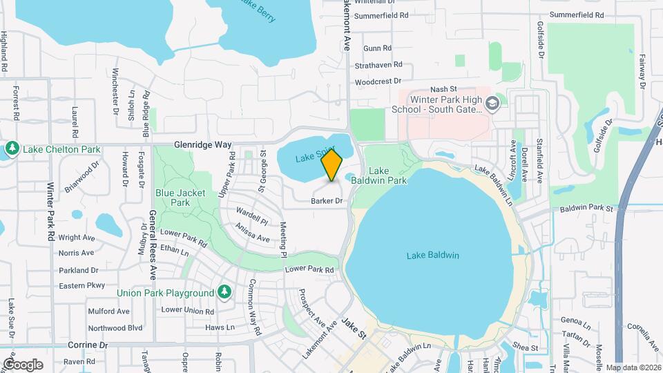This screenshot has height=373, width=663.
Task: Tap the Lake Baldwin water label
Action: [433, 256]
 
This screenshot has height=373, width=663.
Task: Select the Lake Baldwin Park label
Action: [387, 175]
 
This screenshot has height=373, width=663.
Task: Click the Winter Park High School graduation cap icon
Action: [492, 104]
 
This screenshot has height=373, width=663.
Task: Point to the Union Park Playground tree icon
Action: [224, 293]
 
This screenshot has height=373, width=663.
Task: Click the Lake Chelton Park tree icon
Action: [12, 149]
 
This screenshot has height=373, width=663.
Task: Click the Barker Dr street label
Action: [327, 201]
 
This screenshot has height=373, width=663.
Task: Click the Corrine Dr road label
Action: [88, 344]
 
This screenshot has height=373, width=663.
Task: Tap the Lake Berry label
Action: [258, 10]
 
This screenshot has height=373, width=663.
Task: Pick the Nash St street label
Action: [444, 89]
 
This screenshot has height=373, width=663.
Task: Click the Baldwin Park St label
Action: [586, 208]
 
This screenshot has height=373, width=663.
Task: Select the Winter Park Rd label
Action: [50, 211]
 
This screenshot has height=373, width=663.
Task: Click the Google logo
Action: [23, 364]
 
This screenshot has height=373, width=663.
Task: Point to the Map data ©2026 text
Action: [633, 367]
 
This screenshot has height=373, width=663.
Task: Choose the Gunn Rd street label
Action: [377, 48]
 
